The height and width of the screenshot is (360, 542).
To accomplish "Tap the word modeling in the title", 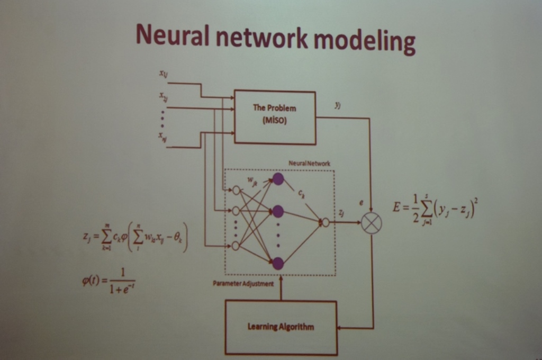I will (x=364, y=40).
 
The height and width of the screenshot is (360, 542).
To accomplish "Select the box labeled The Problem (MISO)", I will (x=275, y=117).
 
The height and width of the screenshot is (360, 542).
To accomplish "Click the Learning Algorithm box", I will (x=281, y=327).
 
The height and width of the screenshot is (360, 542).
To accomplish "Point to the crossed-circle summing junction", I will (x=372, y=223).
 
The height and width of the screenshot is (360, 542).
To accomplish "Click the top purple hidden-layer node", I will (x=278, y=179).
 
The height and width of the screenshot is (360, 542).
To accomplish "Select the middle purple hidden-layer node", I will (x=278, y=211).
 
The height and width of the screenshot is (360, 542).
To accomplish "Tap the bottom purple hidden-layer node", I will (x=278, y=263).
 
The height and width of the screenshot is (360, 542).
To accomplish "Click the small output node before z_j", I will (x=326, y=223).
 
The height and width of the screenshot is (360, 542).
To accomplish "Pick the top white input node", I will (x=236, y=191).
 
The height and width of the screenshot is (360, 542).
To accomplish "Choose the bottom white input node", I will (x=236, y=246).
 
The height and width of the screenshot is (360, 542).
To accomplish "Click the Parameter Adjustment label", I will (x=243, y=284).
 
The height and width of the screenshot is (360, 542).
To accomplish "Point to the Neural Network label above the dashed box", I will (x=309, y=164).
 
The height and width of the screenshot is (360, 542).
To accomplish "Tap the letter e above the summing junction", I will (x=362, y=203).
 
